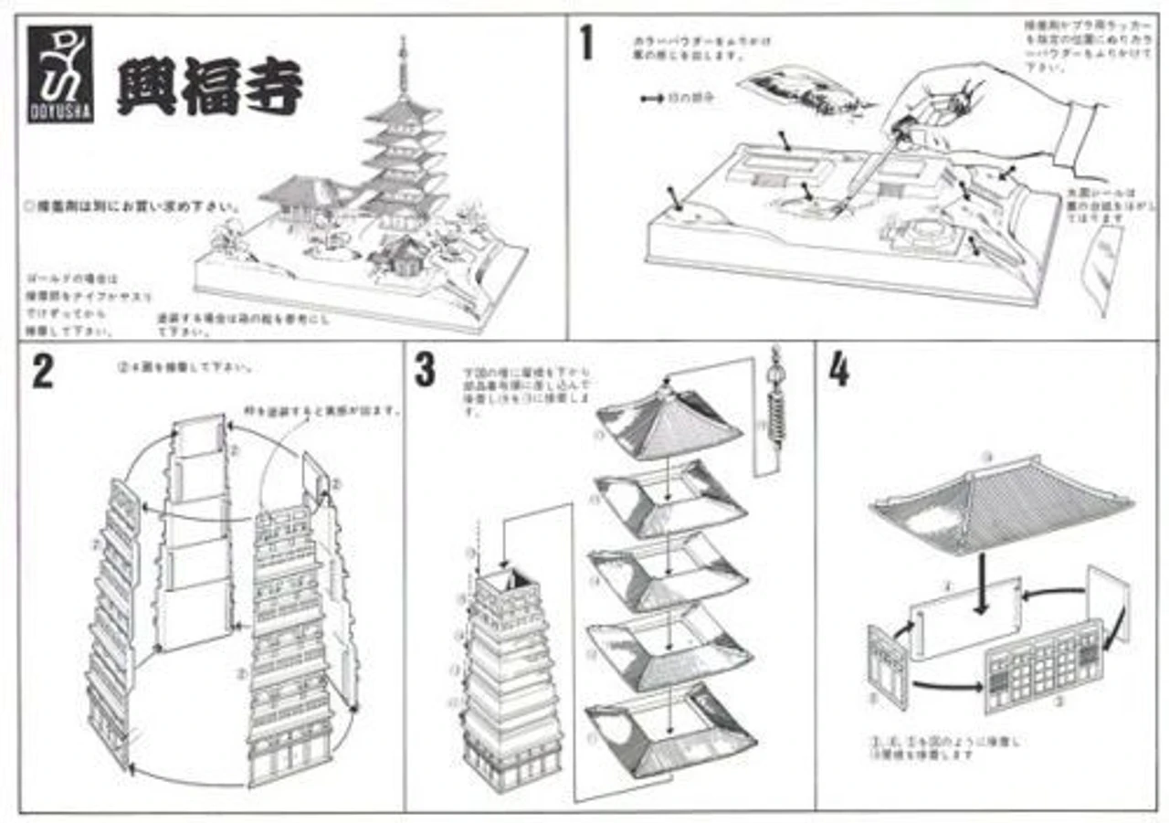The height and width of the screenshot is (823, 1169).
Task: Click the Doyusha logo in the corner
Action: tap(59, 74)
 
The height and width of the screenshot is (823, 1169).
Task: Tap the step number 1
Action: tap(586, 43)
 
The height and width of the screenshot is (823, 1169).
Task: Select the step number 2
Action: tap(42, 373)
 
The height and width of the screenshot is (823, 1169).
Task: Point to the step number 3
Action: tap(424, 370)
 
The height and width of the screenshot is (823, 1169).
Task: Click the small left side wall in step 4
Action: tap(888, 666)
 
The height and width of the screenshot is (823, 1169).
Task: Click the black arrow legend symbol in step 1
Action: tap(652, 97)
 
